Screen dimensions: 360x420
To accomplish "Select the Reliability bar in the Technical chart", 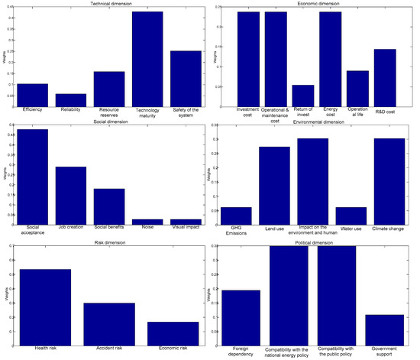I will [70, 100].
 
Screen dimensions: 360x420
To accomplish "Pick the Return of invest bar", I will [303, 96].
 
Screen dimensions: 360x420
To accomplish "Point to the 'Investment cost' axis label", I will [248, 112].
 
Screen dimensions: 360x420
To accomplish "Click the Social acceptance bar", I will [33, 177].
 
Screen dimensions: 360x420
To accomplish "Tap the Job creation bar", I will [70, 195].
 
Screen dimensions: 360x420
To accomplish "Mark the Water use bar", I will [351, 216].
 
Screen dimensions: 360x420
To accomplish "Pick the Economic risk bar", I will [173, 327].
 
